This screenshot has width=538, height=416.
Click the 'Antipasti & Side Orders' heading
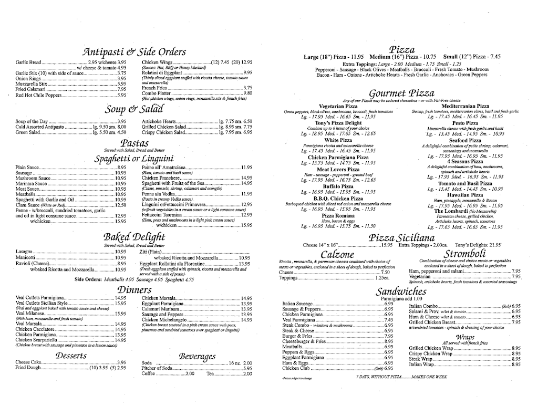134,51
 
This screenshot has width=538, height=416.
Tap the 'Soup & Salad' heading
134,109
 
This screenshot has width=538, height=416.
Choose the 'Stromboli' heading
460,254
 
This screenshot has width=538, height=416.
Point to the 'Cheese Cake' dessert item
29,362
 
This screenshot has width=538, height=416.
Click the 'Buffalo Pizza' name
338,186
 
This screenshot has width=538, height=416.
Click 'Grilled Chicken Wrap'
431,348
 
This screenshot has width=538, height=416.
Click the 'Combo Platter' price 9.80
248,93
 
